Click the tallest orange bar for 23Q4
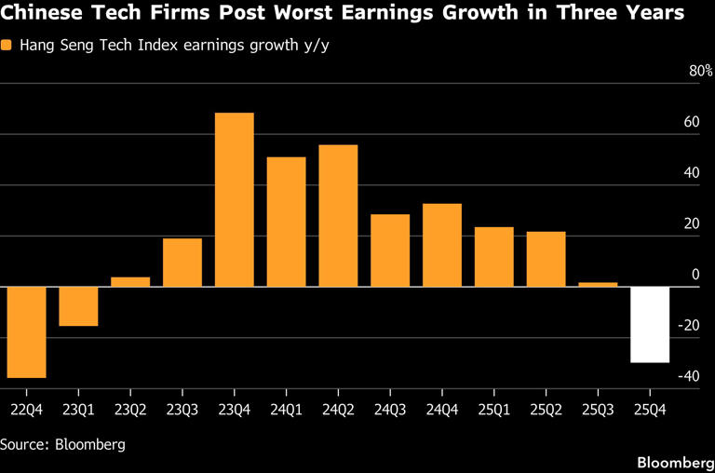pos(235,199)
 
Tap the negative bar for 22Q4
pos(26,331)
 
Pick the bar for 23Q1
pos(78,306)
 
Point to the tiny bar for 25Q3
pos(598,284)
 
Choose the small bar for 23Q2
pos(130,281)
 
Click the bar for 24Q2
pos(338,215)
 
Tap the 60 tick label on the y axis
pos(691,122)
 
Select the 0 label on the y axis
pos(695,275)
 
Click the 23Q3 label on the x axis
pos(182,408)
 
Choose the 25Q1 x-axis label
pos(493,408)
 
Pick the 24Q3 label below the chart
pos(389,408)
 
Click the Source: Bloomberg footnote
pos(62,444)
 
